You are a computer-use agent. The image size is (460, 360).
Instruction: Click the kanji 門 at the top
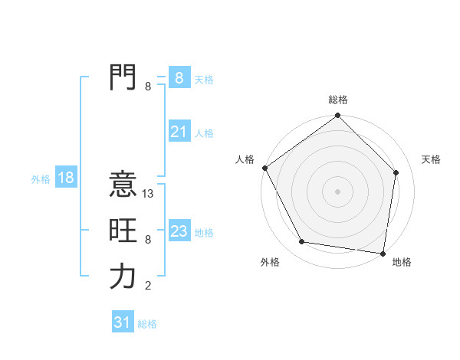tap(122, 77)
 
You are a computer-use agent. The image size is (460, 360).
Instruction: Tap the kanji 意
tap(122, 185)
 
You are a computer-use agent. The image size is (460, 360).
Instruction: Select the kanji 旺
tap(122, 231)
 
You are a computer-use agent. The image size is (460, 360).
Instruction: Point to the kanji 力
tap(122, 277)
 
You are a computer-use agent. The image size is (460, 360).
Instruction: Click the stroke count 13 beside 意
tap(149, 194)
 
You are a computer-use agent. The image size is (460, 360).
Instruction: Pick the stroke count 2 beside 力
tap(148, 286)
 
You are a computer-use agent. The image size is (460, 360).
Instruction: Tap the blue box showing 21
tap(179, 132)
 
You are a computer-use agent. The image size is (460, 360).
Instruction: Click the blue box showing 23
tap(179, 231)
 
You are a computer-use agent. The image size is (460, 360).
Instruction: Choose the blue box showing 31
tap(122, 322)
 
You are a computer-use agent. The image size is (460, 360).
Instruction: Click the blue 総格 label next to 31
tap(147, 324)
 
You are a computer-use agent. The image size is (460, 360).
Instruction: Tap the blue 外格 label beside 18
tap(41, 179)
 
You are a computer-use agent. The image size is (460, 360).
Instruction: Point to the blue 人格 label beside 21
tap(204, 133)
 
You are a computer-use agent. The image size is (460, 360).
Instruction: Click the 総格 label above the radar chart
tap(337, 100)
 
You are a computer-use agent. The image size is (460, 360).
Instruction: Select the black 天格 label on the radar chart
tap(431, 159)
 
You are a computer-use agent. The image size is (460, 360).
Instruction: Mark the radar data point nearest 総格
tap(337, 116)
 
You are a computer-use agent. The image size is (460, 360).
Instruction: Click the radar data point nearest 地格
tap(383, 253)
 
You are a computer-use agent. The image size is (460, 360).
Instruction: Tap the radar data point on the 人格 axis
tap(264, 168)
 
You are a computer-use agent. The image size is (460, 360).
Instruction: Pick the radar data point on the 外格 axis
tap(302, 242)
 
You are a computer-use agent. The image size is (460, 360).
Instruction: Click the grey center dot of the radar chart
tap(337, 191)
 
